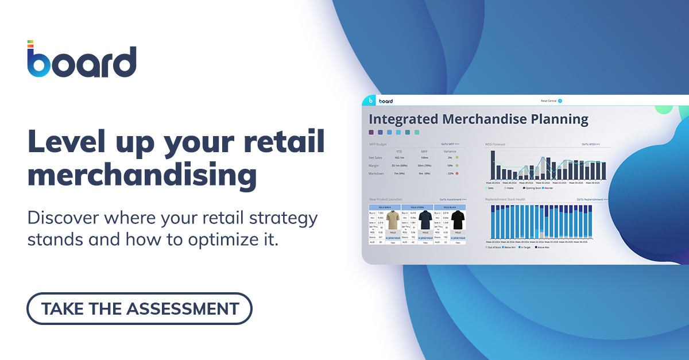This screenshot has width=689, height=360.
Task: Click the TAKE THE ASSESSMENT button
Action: tap(140, 308)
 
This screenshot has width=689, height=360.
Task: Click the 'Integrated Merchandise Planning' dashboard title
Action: tap(478, 119)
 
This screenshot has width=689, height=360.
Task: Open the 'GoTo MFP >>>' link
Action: tap(450, 144)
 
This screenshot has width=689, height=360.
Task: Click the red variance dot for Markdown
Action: tap(456, 173)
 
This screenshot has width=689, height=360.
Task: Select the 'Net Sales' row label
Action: tap(376, 157)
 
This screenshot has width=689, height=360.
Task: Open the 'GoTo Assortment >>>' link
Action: tap(453, 199)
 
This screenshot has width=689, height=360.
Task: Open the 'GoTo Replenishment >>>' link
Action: tap(592, 199)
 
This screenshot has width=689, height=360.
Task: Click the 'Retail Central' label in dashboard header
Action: tap(548, 100)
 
